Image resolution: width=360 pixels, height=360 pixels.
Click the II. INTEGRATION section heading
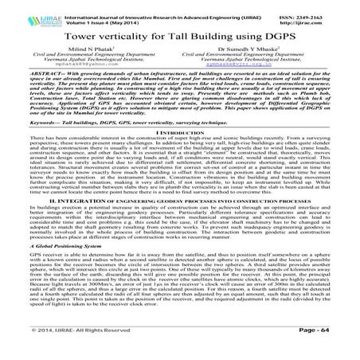coord(180,213)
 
